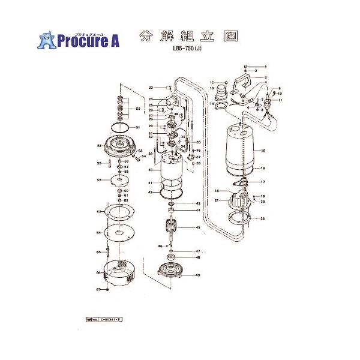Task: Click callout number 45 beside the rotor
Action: [x=197, y=227]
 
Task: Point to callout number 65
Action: [x=100, y=253]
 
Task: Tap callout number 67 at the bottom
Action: [x=98, y=289]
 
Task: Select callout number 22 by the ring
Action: [x=262, y=219]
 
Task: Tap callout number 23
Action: [x=152, y=88]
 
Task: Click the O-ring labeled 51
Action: [x=121, y=128]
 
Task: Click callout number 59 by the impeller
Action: [x=99, y=180]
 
